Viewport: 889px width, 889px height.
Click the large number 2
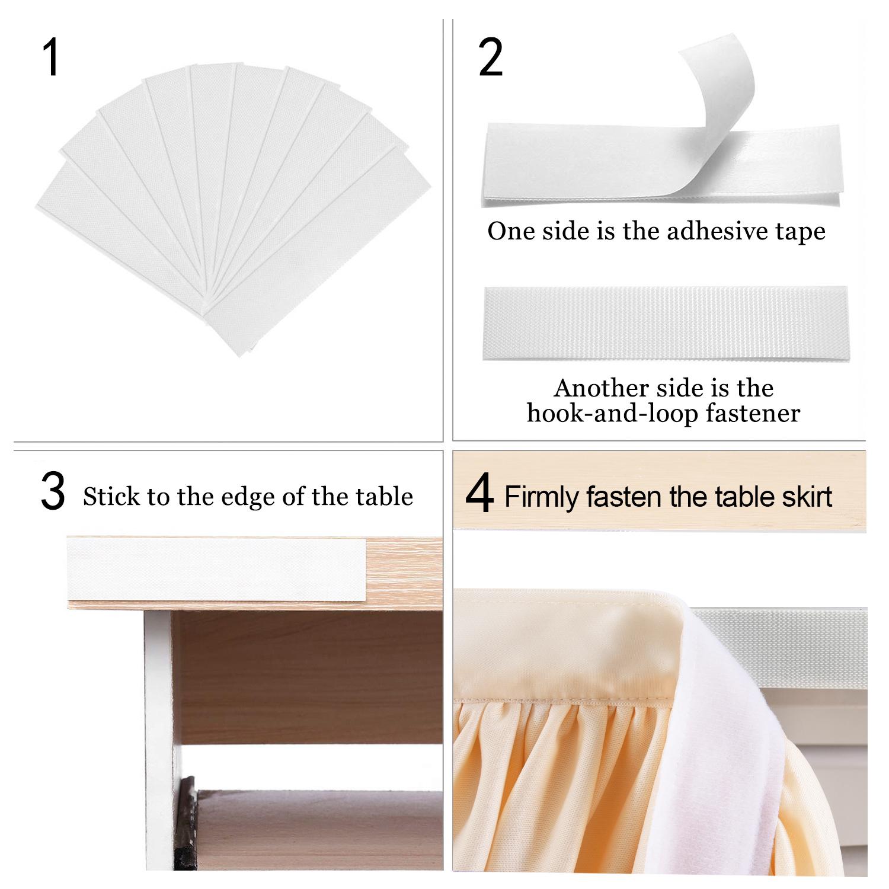[490, 58]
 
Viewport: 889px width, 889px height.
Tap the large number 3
[53, 492]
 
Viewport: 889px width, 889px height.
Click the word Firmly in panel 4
[542, 497]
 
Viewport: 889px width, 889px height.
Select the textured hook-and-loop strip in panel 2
[666, 322]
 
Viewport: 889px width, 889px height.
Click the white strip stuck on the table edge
[216, 568]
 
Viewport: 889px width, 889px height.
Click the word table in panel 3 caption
[384, 497]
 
